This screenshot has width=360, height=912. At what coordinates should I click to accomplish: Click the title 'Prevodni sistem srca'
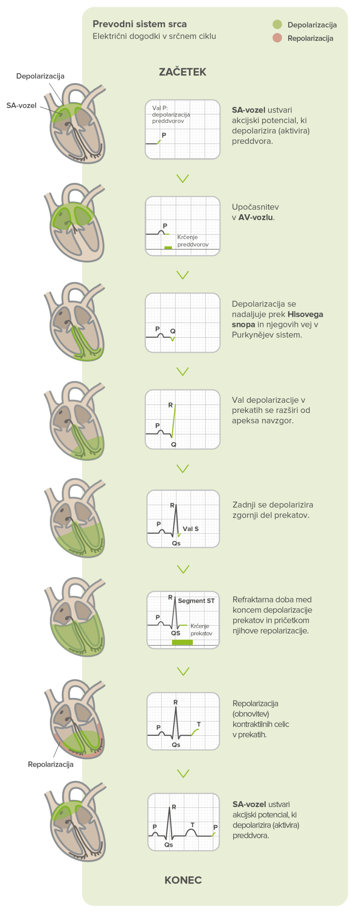tap(140, 24)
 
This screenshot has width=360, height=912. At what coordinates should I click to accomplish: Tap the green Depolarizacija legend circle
tap(277, 25)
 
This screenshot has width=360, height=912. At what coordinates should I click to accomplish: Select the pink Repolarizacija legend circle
tap(277, 38)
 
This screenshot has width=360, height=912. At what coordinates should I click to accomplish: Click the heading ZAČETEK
tap(182, 72)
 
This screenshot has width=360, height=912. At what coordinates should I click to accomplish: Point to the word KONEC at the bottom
tap(183, 880)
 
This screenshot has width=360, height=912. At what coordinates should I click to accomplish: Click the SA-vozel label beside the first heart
tap(21, 105)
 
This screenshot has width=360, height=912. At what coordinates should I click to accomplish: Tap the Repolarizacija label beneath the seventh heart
tap(50, 765)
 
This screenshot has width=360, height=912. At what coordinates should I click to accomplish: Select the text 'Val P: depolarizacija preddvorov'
tap(171, 114)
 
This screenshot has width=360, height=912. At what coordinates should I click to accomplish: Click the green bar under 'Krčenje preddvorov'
tap(168, 247)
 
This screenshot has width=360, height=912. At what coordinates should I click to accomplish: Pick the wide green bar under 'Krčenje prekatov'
tap(182, 642)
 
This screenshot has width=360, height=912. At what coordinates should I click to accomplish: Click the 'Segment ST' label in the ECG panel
tap(196, 601)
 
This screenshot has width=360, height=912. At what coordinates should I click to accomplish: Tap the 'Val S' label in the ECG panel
tap(190, 529)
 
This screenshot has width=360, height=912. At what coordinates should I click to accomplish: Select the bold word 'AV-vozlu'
tap(256, 218)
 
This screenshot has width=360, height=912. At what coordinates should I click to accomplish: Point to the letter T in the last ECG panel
tap(192, 825)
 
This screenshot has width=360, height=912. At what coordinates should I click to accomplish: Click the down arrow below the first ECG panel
tap(182, 178)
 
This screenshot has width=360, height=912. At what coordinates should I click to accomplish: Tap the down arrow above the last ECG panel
tap(183, 773)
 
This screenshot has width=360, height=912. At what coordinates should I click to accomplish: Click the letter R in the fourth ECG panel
tap(171, 405)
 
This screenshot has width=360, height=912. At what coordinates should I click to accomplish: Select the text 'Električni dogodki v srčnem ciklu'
tap(154, 37)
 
